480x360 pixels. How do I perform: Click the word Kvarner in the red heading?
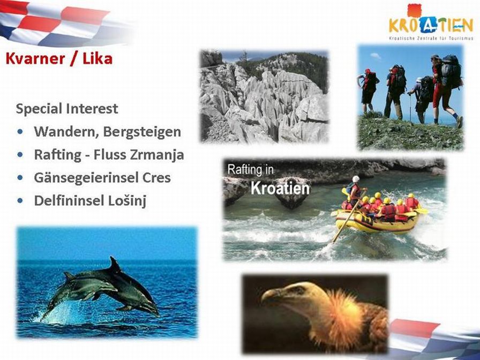point(35,58)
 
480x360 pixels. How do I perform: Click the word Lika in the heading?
point(97,58)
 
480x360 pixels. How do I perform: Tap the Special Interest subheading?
point(67,109)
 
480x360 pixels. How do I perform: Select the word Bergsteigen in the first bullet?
point(142,132)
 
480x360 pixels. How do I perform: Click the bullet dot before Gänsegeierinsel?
point(20,177)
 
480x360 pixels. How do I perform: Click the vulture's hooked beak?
point(267,295)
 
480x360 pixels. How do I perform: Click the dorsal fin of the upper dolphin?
point(115,265)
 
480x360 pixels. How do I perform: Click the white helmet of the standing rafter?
point(355,179)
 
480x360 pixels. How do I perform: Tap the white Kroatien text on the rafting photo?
point(280,188)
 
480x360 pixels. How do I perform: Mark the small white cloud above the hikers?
point(376,56)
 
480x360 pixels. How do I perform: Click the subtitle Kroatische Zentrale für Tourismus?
point(431,38)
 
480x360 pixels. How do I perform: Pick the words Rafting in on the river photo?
point(250,170)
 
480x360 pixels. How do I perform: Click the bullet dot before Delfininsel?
point(20,200)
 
